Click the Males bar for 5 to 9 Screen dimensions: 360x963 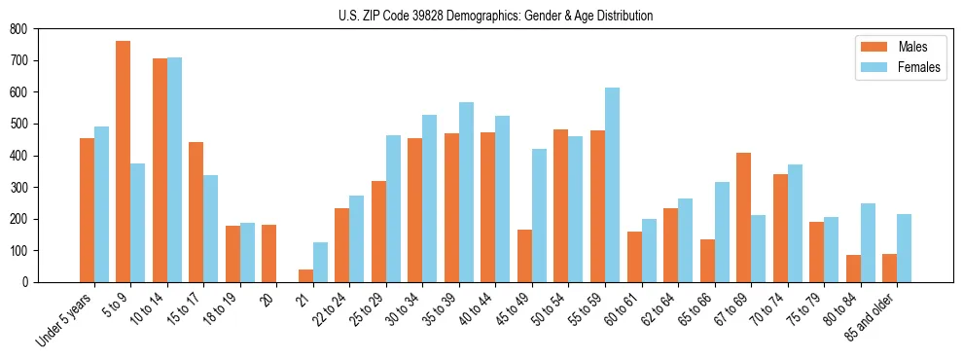[124, 162]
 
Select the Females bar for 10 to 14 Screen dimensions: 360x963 [174, 169]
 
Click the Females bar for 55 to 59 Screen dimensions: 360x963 [612, 185]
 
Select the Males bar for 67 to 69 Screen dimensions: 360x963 [743, 217]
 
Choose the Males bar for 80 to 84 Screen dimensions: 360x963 [853, 269]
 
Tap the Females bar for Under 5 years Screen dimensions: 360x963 [101, 204]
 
